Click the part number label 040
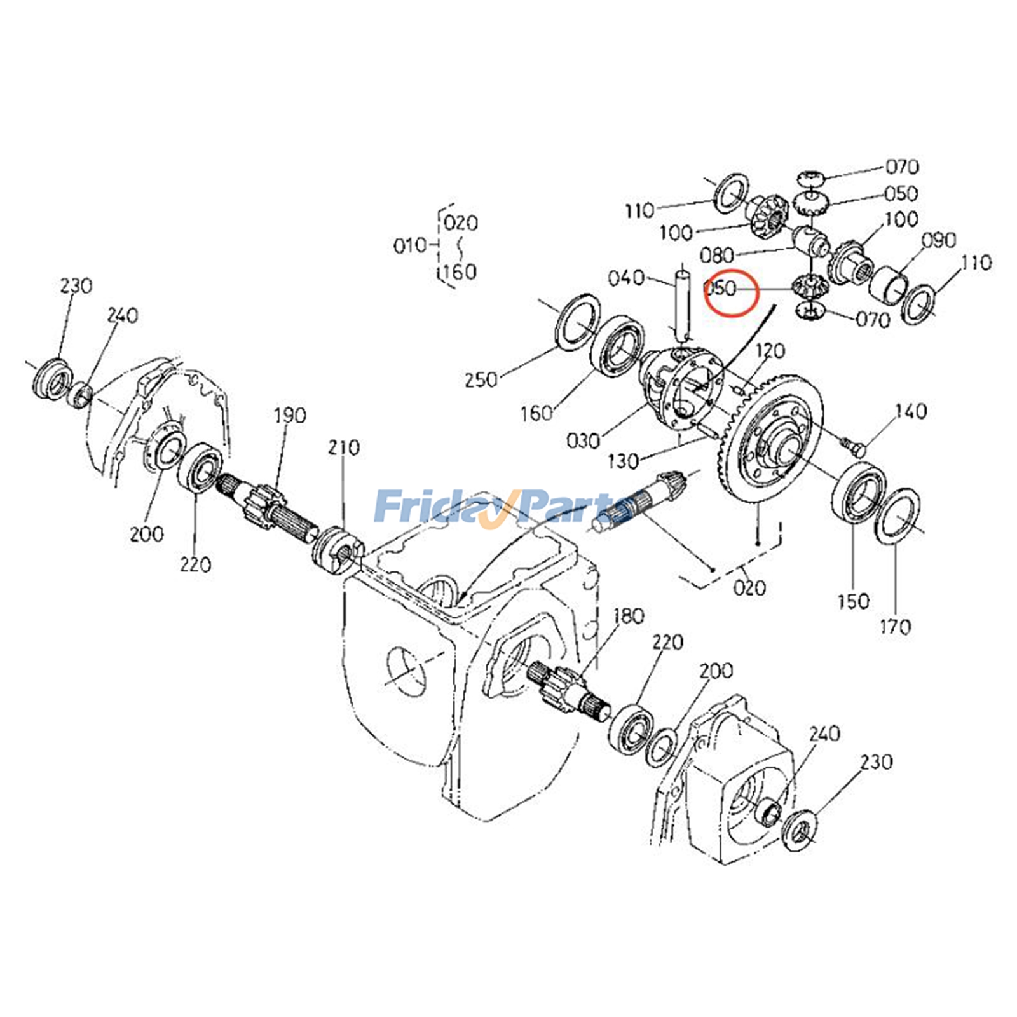click(626, 278)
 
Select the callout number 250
click(481, 379)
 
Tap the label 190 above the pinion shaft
click(290, 416)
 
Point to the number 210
click(344, 447)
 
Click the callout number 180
click(629, 615)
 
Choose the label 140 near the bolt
click(910, 411)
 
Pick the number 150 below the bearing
click(853, 601)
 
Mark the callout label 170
click(895, 627)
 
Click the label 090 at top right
click(939, 240)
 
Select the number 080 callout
click(717, 256)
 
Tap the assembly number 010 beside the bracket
click(410, 245)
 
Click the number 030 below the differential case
click(582, 440)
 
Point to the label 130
click(623, 461)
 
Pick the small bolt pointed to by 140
click(853, 446)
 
